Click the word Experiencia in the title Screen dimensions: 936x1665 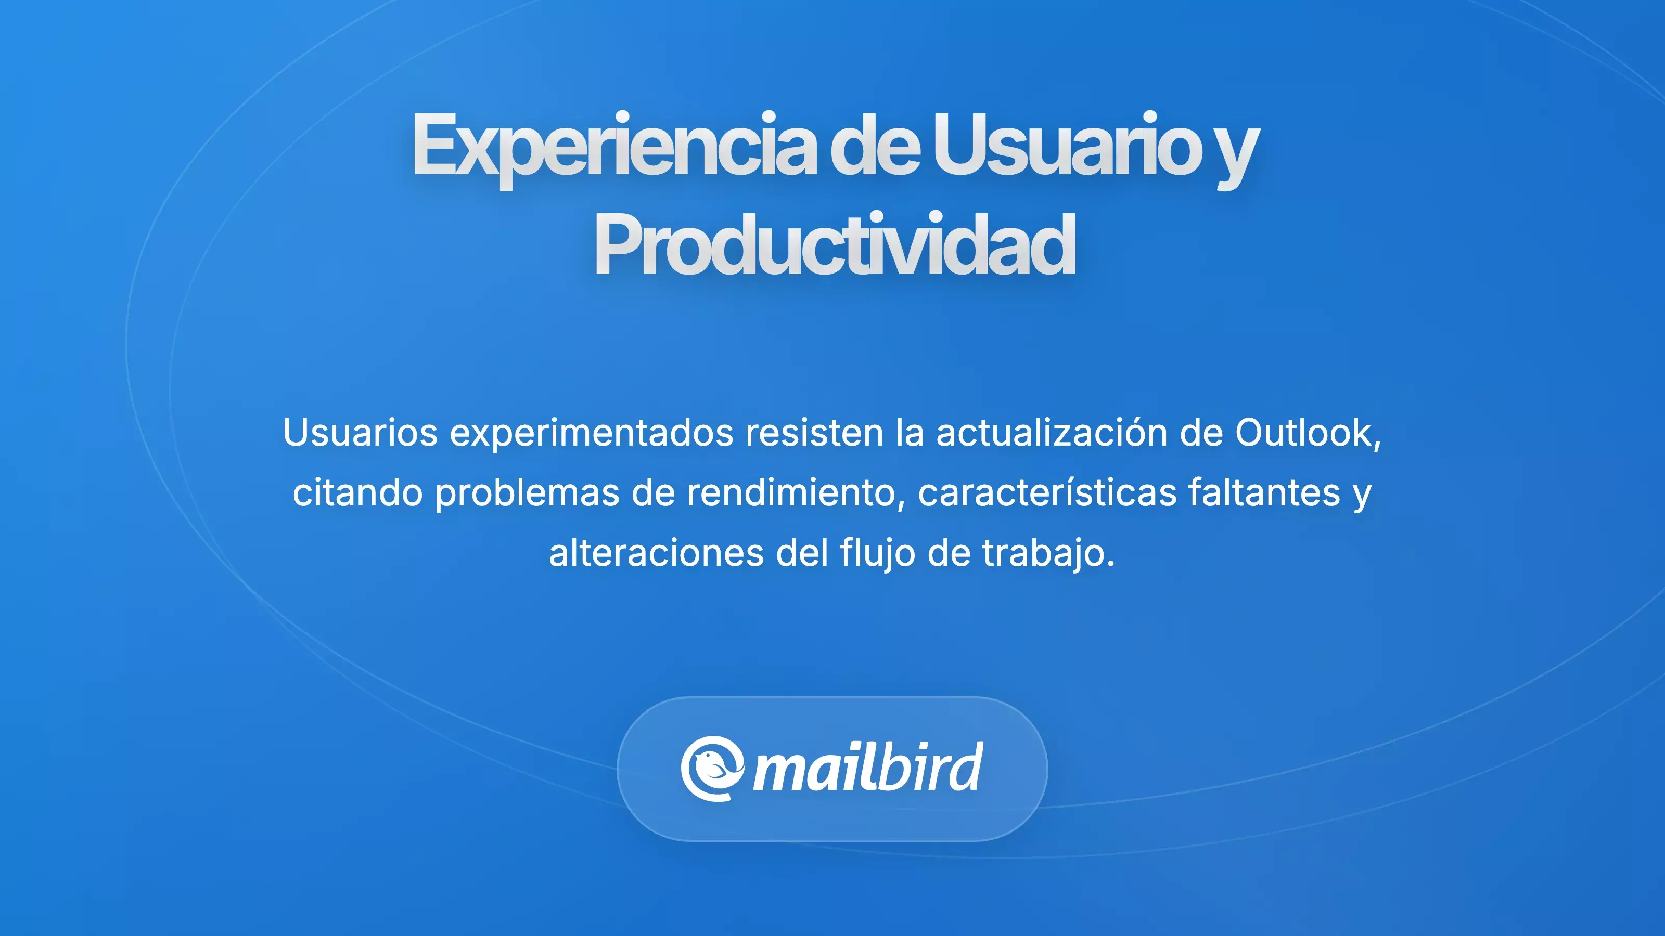(614, 146)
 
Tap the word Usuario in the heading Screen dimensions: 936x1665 (1067, 146)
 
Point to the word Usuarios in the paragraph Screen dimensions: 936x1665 (360, 432)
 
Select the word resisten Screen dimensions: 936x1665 (814, 432)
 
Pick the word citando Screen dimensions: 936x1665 (357, 492)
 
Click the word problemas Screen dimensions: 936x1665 (527, 493)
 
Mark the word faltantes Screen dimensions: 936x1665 (1264, 492)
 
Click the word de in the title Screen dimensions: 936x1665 (874, 146)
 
